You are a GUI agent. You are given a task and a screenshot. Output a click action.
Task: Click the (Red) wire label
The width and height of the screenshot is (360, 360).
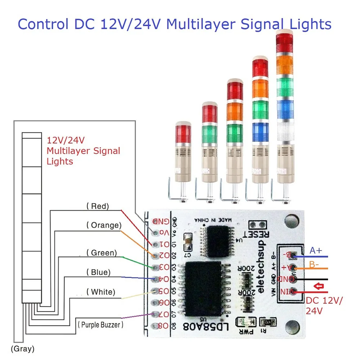(98, 206)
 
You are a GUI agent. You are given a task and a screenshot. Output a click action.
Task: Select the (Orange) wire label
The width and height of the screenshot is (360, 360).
(104, 225)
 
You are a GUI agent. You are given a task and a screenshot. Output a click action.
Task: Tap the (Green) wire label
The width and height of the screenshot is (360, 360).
(102, 253)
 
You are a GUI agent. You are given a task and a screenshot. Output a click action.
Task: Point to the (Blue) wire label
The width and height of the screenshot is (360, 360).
(98, 272)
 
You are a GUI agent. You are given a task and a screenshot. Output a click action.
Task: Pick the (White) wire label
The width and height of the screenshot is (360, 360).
(101, 292)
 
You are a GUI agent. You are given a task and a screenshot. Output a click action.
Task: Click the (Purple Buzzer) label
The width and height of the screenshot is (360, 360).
(100, 325)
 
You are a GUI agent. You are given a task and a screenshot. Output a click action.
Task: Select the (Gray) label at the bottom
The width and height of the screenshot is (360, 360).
(22, 348)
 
